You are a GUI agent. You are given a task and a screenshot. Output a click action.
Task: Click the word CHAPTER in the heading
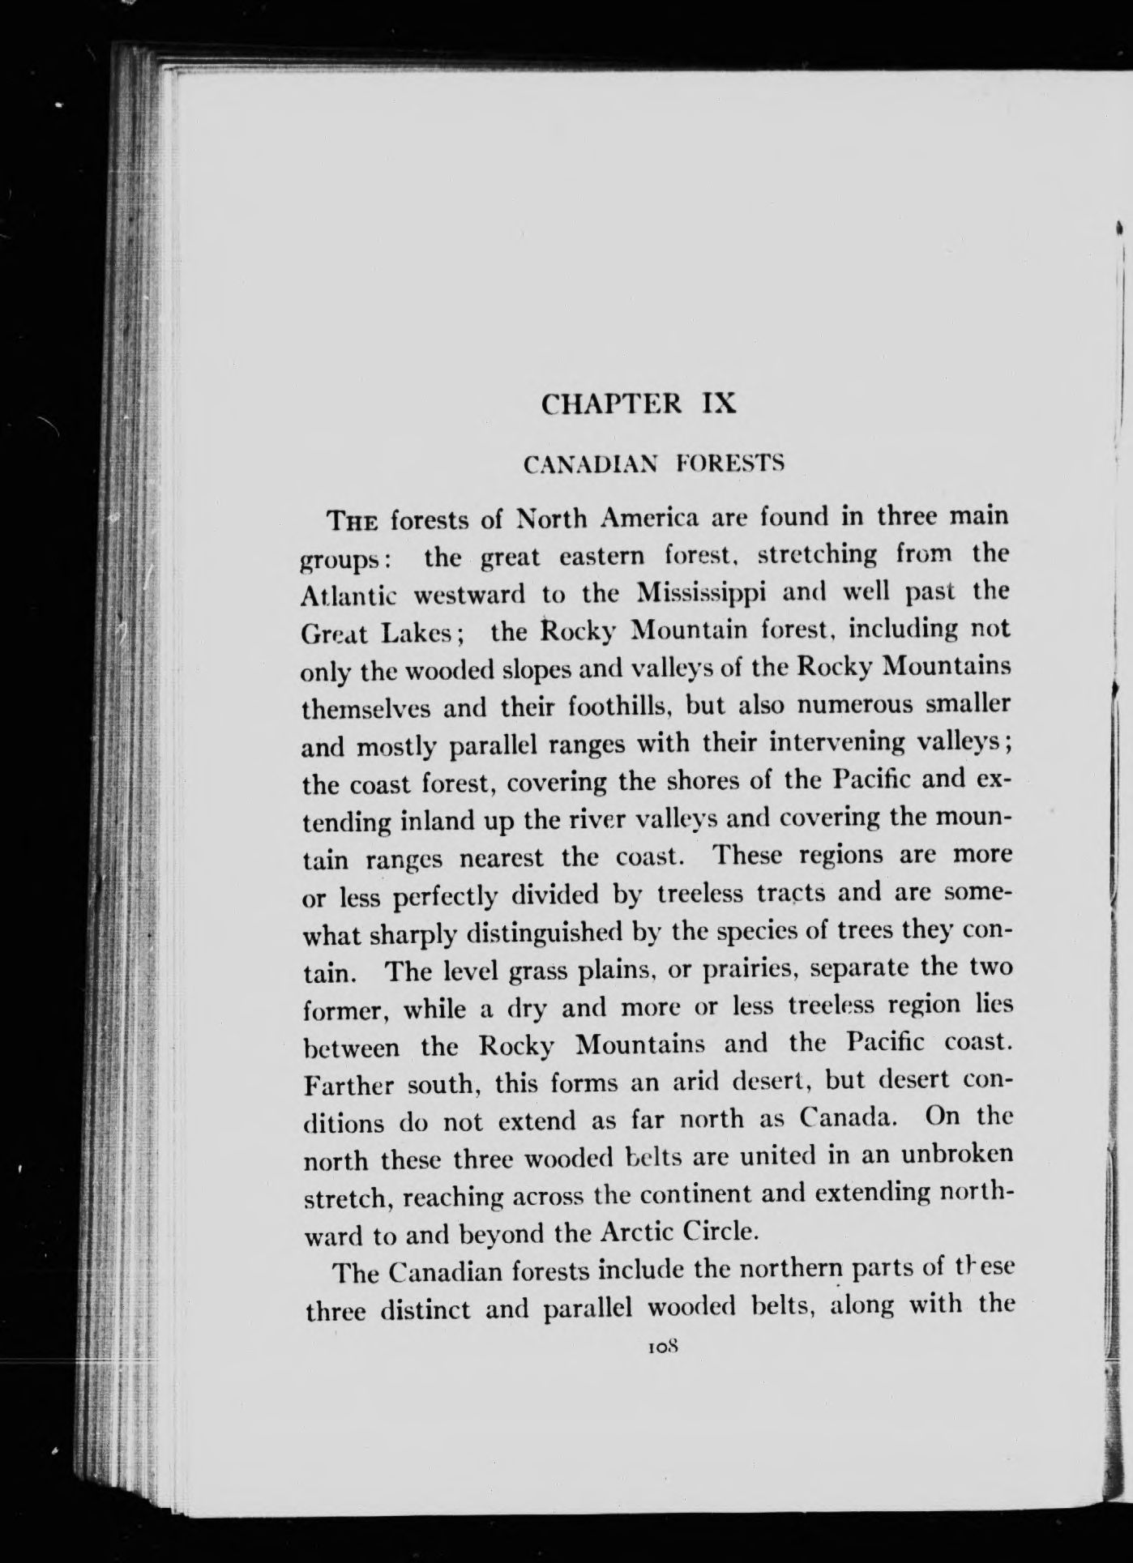tap(610, 404)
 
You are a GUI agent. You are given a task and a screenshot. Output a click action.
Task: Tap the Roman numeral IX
tap(719, 404)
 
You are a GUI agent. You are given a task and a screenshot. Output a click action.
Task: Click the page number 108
tap(662, 1347)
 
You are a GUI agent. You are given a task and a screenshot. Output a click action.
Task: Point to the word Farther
tap(347, 1084)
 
